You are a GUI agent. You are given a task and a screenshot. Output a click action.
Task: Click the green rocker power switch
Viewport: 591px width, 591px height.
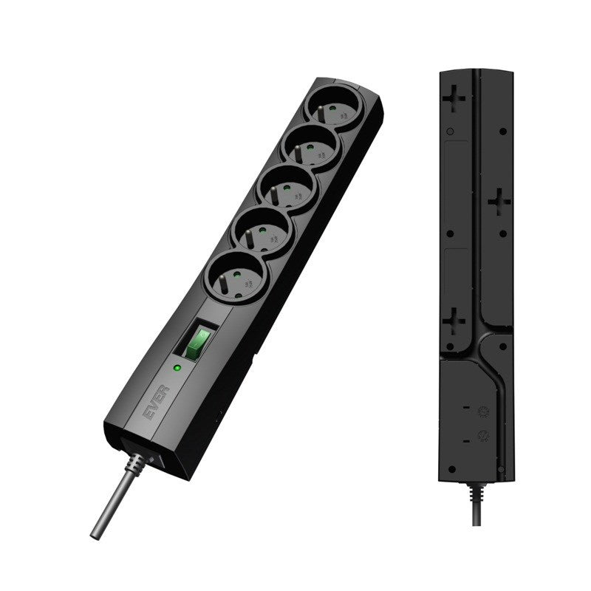[x=198, y=342]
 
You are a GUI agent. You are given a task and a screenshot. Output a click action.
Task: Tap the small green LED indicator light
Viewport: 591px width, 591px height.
[x=177, y=367]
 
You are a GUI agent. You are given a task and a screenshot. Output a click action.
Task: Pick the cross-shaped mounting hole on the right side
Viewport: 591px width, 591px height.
[x=500, y=199]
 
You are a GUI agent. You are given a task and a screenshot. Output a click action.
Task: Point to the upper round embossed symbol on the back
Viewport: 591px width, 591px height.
[x=485, y=412]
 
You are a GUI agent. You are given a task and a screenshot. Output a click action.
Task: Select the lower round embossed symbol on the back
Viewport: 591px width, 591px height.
[x=484, y=436]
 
